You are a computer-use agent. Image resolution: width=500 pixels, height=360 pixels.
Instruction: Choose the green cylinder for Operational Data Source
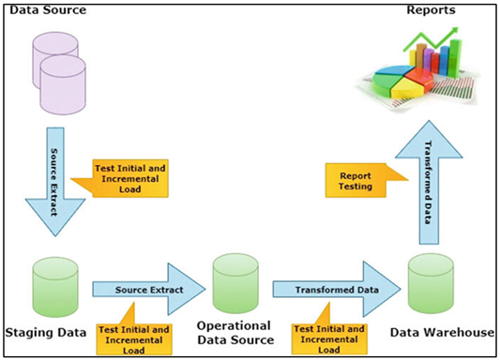[234, 277]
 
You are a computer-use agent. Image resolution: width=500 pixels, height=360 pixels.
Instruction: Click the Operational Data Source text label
[235, 333]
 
